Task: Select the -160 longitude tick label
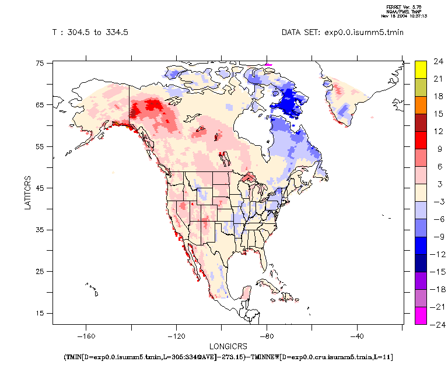point(86,336)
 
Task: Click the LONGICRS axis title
point(228,346)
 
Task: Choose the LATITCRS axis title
point(28,194)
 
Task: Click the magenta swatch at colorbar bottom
point(420,315)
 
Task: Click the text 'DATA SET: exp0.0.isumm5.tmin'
point(342,33)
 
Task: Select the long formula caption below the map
point(228,357)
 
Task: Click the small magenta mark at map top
point(268,64)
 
